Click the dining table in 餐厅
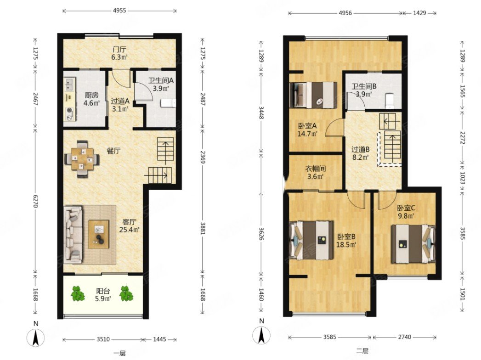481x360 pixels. (x=82, y=159)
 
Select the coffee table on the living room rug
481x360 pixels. (x=99, y=234)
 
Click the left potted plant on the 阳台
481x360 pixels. (x=78, y=293)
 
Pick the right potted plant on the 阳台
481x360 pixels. (x=126, y=293)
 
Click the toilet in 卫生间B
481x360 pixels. (x=390, y=100)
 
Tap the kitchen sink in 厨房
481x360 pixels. (x=70, y=84)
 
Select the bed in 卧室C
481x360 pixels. (x=413, y=244)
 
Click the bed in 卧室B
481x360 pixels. (x=311, y=240)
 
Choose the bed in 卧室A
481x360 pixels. (x=313, y=95)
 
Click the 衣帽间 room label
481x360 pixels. (x=315, y=169)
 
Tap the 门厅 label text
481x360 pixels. (x=119, y=50)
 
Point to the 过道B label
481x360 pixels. (x=361, y=150)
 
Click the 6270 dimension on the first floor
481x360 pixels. (x=35, y=201)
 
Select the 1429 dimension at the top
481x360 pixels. (x=419, y=13)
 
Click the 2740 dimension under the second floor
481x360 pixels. (x=404, y=337)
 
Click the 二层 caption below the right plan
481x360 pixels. (x=362, y=351)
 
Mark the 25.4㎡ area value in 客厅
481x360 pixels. (x=129, y=230)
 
